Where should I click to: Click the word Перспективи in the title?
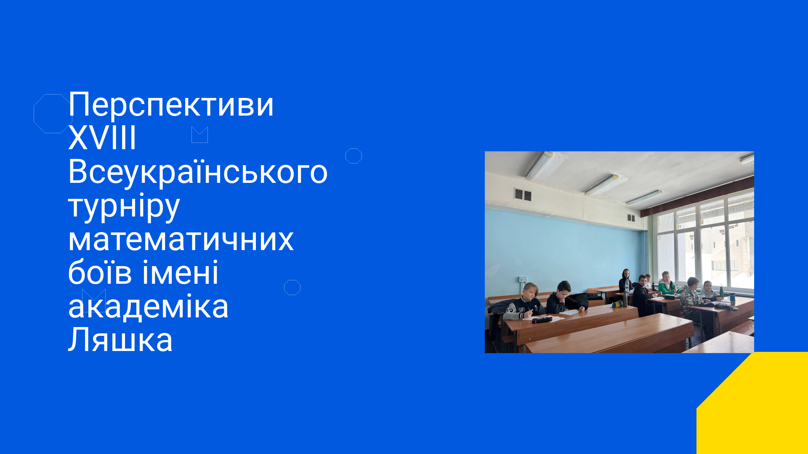[171, 105]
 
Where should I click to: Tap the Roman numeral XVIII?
[102, 138]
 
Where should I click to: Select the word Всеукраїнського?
[198, 172]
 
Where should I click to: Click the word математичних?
[181, 240]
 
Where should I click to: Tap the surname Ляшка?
[120, 340]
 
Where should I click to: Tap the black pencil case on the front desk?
[542, 320]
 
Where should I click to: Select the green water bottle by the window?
[721, 291]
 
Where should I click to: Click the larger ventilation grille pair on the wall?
[523, 195]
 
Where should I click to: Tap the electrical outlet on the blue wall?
[523, 279]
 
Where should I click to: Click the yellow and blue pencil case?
[617, 304]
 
